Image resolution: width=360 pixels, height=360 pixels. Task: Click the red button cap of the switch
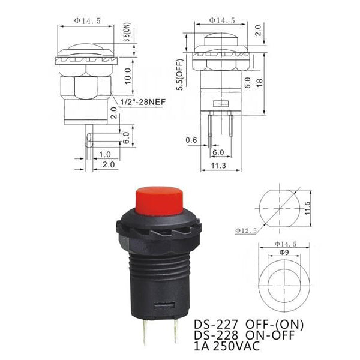click(x=159, y=201)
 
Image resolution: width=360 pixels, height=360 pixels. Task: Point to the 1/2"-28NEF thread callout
click(x=143, y=102)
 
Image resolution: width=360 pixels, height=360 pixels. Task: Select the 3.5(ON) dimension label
click(x=127, y=32)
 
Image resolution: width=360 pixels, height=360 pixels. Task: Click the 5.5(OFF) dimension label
click(x=181, y=74)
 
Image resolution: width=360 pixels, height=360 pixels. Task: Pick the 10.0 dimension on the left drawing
click(x=128, y=76)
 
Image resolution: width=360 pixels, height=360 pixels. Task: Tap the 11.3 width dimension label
click(x=218, y=166)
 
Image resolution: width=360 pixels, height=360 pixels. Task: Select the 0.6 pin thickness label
click(x=191, y=140)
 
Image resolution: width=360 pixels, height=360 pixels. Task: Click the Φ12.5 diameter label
click(x=245, y=230)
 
